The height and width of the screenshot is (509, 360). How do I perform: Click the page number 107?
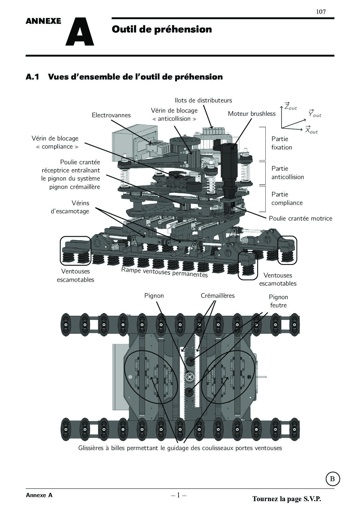[321, 12]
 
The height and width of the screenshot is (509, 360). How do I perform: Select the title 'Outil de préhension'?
[162, 29]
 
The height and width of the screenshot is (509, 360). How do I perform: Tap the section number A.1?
[33, 77]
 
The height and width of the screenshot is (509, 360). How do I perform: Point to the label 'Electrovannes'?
[111, 115]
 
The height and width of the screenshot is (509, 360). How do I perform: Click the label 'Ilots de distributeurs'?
[203, 100]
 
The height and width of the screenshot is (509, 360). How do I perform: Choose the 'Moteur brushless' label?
[252, 114]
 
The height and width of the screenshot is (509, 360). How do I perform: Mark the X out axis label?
[311, 130]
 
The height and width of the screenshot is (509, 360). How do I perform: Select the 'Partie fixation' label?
[282, 143]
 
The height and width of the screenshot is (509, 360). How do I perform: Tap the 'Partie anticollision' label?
[288, 173]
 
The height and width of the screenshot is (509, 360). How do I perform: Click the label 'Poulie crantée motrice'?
[300, 219]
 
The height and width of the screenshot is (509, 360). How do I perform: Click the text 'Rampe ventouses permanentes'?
[164, 272]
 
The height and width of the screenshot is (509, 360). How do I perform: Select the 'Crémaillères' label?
[218, 296]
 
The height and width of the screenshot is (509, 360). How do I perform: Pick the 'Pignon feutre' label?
[278, 301]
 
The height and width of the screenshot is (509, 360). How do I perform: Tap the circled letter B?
[332, 479]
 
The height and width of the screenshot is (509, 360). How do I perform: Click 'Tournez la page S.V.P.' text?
[287, 499]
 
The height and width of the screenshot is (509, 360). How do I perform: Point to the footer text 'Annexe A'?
[39, 495]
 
